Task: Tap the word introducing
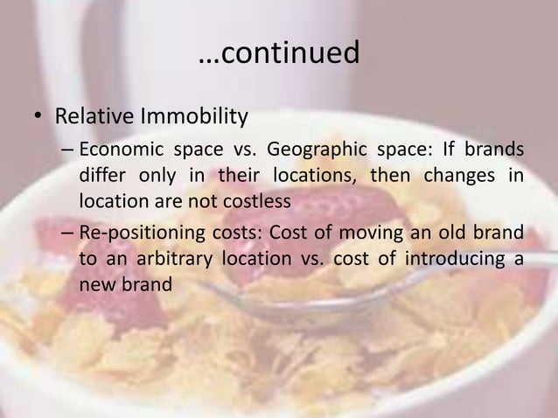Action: coord(461,261)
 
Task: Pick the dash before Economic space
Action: coord(66,148)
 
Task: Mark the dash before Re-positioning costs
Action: coord(66,234)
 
